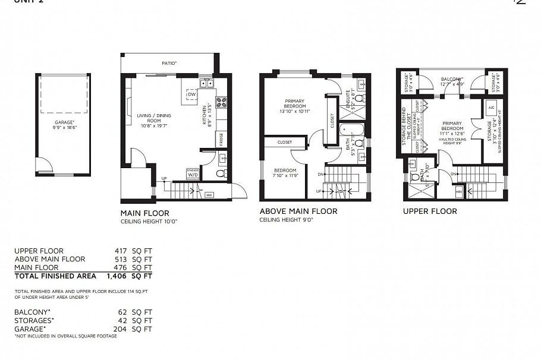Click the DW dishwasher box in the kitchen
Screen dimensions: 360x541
pos(191,94)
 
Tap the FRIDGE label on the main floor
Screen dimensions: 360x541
pos(221,140)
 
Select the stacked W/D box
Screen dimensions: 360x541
pos(193,173)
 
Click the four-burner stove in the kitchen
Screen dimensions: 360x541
pos(221,102)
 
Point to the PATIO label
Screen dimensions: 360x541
pos(169,62)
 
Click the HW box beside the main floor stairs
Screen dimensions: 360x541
pos(209,194)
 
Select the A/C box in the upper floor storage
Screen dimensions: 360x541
pos(492,109)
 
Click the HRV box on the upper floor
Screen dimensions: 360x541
pos(459,191)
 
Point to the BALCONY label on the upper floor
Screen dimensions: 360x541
pos(452,79)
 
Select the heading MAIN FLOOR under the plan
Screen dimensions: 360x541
pos(144,213)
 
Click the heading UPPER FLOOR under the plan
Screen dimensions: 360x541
pos(430,211)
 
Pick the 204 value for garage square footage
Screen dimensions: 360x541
pos(121,329)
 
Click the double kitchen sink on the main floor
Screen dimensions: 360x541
pos(207,84)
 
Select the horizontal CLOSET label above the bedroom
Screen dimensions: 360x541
pos(284,143)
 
